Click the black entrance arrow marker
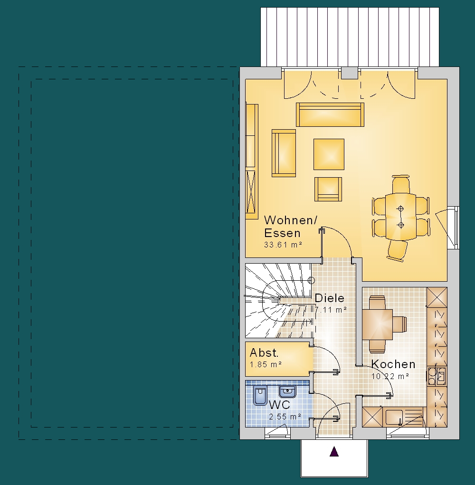click(x=334, y=452)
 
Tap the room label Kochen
click(x=393, y=364)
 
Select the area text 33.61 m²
click(x=283, y=245)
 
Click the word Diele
click(x=329, y=298)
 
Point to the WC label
click(x=279, y=405)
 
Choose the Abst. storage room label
click(x=264, y=352)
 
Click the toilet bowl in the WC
click(x=260, y=395)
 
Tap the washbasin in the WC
click(x=287, y=391)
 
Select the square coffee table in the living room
click(x=329, y=154)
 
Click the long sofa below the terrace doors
click(x=330, y=115)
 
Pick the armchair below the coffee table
click(x=328, y=189)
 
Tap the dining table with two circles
click(x=401, y=217)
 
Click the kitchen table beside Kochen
click(x=378, y=324)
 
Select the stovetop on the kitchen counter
click(x=437, y=376)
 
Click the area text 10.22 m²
click(x=390, y=376)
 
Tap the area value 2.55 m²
click(x=285, y=417)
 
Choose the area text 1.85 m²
click(x=266, y=364)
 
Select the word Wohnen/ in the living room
click(x=291, y=220)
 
